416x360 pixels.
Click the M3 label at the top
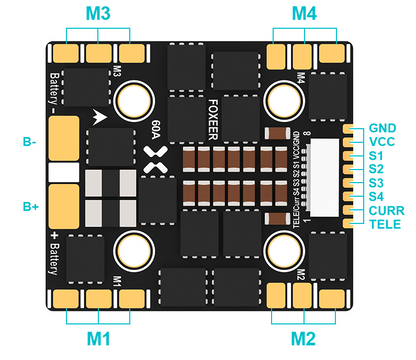[97, 14]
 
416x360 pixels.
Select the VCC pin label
[380, 143]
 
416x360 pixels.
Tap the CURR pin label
[384, 211]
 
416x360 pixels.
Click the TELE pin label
[383, 226]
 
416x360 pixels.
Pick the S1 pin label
[375, 157]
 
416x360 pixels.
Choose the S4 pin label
[375, 197]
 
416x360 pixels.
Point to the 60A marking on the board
[157, 131]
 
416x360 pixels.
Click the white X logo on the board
[155, 156]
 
